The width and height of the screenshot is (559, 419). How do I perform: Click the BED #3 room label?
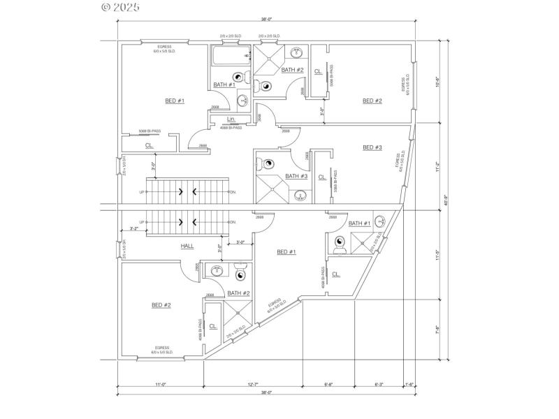tap(372, 147)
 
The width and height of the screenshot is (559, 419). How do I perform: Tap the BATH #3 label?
tap(296, 176)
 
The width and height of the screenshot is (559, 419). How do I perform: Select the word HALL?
tap(187, 246)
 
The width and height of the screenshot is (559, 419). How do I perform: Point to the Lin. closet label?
tap(231, 119)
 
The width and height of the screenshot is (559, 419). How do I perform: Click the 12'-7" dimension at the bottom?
tap(252, 384)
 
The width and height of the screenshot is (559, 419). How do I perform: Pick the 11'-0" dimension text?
tap(159, 384)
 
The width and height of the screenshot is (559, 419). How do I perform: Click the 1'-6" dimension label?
tap(409, 384)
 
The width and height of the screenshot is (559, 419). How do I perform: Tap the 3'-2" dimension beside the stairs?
tap(133, 228)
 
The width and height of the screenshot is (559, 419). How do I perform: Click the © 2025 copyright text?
tap(120, 8)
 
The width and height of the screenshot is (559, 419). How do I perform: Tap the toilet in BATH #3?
tap(268, 165)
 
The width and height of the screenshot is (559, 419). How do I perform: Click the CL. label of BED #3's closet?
tap(321, 177)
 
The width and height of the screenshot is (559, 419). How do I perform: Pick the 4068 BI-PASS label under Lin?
tap(231, 128)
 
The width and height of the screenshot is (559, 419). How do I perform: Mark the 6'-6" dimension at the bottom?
tap(328, 384)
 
